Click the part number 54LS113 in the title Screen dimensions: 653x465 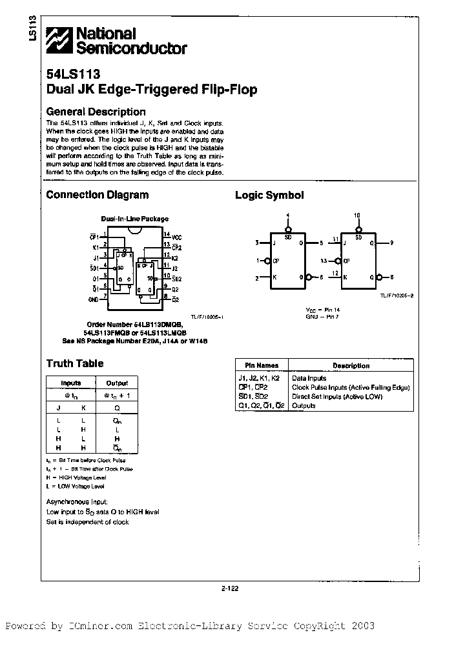(72, 74)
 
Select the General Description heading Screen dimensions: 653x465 (96, 112)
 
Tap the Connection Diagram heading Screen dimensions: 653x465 (98, 194)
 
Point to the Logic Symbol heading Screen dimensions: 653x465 (269, 195)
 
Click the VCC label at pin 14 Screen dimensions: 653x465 (178, 237)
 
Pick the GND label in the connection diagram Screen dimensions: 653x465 (93, 300)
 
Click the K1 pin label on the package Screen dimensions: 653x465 (95, 247)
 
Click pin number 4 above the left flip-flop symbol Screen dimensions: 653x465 (288, 215)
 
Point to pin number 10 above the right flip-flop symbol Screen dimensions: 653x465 (356, 215)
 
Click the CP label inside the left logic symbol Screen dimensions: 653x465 (276, 261)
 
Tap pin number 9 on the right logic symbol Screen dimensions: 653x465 (392, 243)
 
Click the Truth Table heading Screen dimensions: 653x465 (75, 363)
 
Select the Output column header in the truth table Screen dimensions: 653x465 (117, 383)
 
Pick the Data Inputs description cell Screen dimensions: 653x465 (309, 378)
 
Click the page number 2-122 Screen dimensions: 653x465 (231, 587)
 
